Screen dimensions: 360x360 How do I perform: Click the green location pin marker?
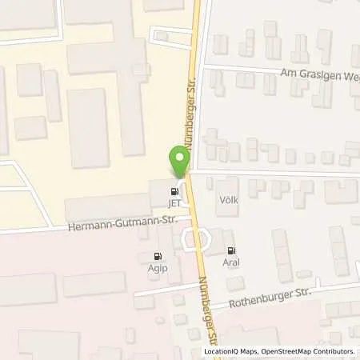point(179,162)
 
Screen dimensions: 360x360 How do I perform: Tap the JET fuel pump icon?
point(174,191)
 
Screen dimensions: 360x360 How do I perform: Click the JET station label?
point(174,202)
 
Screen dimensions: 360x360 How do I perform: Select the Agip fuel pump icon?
point(155,257)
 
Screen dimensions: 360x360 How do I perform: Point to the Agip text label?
point(155,268)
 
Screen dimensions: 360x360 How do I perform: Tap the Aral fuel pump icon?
point(232,250)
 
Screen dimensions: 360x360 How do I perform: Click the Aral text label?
point(232,262)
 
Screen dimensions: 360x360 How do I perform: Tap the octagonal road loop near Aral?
point(194,238)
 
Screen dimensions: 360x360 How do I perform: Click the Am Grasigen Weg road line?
point(240,69)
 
